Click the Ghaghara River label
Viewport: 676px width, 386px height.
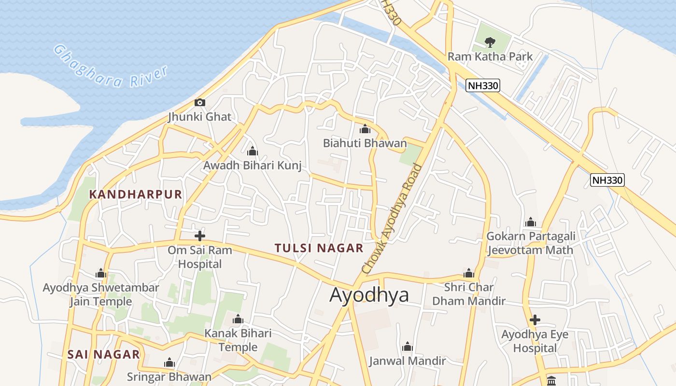[x=111, y=68]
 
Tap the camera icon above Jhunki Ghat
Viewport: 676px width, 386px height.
[x=199, y=102]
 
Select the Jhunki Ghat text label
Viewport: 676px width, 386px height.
[x=199, y=117]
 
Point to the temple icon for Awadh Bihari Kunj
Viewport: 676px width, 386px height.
[x=252, y=152]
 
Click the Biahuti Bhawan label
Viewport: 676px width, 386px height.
[x=365, y=143]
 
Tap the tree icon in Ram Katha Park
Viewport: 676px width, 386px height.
[x=490, y=42]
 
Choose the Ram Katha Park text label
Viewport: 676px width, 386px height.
[x=490, y=56]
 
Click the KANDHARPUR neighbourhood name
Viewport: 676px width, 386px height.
[x=136, y=194]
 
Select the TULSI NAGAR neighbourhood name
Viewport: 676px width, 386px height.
[x=319, y=248]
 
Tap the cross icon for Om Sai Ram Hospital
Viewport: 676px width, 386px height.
[x=199, y=236]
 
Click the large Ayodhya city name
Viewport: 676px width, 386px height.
[x=369, y=295]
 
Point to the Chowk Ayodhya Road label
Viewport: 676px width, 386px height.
[x=392, y=220]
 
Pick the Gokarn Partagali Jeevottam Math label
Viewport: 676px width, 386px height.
[x=530, y=243]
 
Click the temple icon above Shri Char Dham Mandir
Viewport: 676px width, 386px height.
[x=468, y=273]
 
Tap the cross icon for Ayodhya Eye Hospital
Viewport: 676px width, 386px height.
[x=535, y=320]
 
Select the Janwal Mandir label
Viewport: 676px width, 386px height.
[x=407, y=361]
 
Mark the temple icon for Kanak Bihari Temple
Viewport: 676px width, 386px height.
[x=238, y=319]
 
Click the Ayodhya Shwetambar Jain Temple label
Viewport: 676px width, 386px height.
[x=100, y=295]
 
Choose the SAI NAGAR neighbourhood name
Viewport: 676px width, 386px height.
[x=103, y=355]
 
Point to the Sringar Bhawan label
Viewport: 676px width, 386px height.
[x=169, y=377]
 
